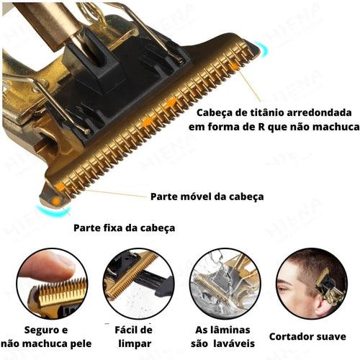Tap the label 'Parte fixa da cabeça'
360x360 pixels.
[x=125, y=228]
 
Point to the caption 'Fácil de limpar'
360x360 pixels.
[x=133, y=336]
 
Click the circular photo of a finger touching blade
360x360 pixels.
[x=52, y=284]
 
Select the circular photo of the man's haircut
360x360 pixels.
[x=310, y=284]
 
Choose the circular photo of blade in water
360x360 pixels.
[x=224, y=284]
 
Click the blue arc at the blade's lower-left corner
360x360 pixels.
[x=54, y=210]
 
